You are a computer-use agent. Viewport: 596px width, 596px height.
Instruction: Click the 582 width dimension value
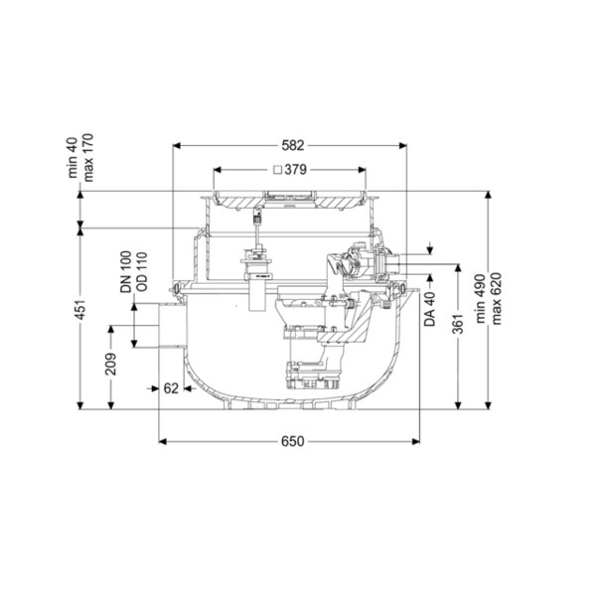(x=293, y=145)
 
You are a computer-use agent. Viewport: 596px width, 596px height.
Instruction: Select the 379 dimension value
(x=295, y=170)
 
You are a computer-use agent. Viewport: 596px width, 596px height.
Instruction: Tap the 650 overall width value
(x=293, y=441)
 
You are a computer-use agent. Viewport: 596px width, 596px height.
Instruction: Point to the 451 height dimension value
(x=81, y=309)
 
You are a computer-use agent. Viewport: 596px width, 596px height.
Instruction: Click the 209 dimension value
(x=111, y=365)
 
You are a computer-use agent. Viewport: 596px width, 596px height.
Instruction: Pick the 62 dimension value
(x=171, y=388)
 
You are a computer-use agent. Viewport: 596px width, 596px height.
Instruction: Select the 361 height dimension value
(x=458, y=324)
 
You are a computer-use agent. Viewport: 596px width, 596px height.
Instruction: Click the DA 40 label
(x=430, y=309)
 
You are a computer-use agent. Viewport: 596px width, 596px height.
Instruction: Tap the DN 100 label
(x=126, y=272)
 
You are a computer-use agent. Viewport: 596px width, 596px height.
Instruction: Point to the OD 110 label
(x=142, y=272)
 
